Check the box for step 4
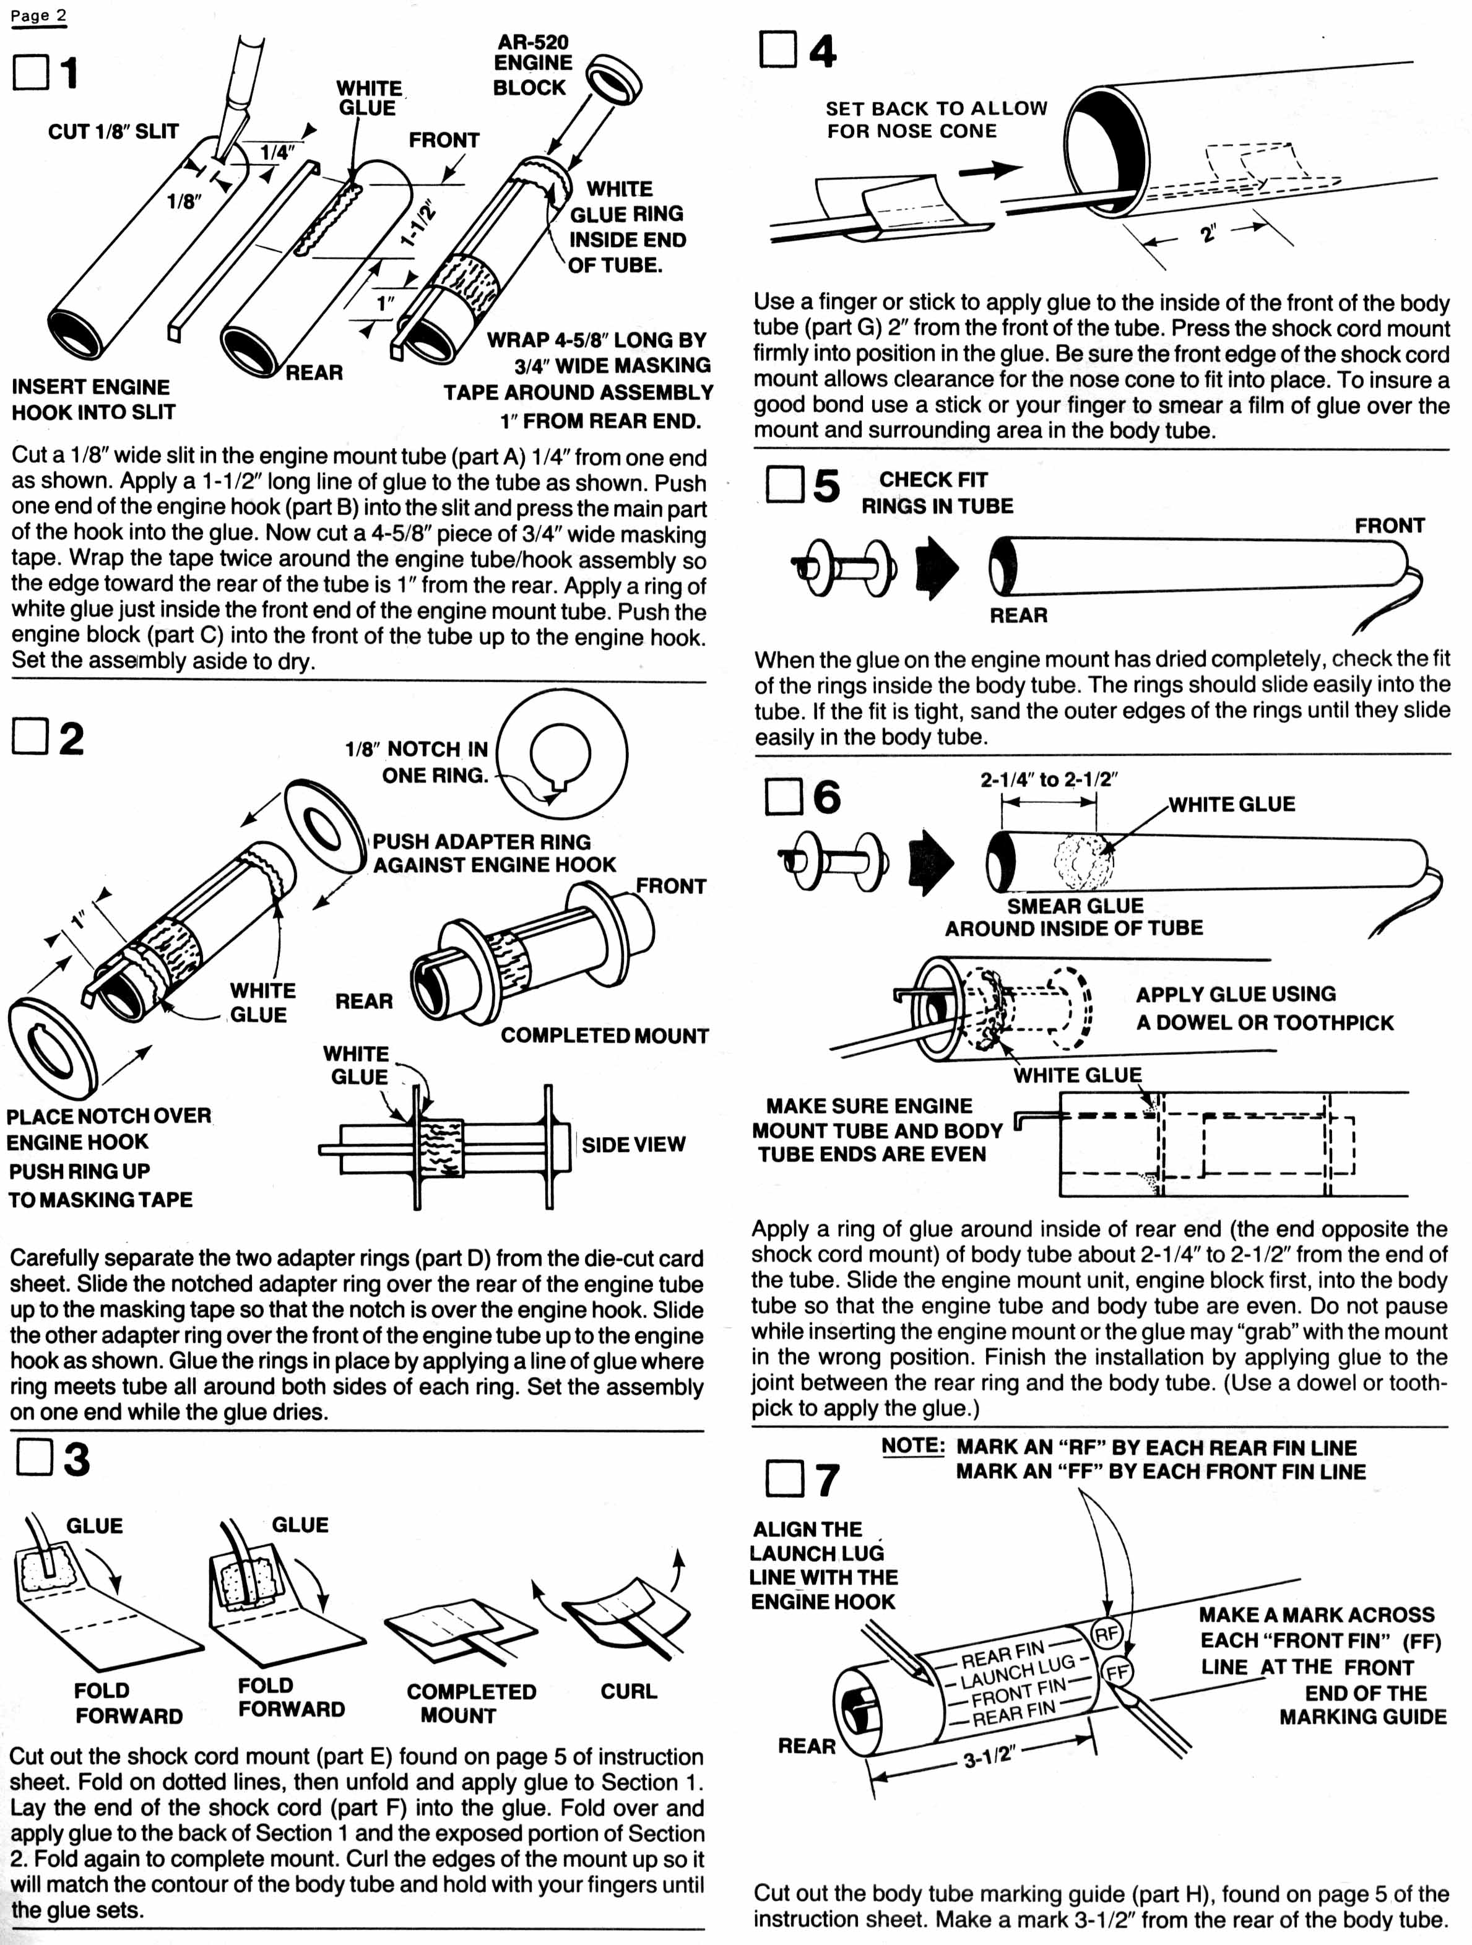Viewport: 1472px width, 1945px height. coord(777,50)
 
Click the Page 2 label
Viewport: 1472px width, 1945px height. coord(39,16)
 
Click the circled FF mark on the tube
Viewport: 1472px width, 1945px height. coord(1118,1671)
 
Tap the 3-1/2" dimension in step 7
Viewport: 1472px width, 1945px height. coord(989,1757)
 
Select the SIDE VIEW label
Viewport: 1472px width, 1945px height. coord(633,1144)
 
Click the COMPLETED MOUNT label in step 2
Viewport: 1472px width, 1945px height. coord(604,1035)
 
